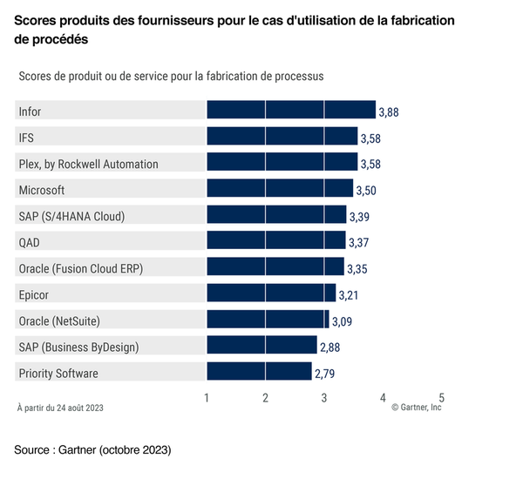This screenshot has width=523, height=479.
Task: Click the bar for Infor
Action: pos(290,111)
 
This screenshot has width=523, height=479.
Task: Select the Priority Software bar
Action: pos(259,373)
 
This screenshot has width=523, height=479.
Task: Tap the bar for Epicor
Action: pos(271,294)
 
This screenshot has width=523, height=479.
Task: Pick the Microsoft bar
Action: pos(280,189)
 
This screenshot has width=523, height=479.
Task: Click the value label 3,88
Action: pos(389,112)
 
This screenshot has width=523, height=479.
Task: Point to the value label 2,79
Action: pos(325,374)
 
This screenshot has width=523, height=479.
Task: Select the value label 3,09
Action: pos(343,322)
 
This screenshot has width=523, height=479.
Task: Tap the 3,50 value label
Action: pos(366,191)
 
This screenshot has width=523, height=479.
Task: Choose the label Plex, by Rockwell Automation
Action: pos(88,164)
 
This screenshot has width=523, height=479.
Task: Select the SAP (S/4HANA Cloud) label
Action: pos(71,216)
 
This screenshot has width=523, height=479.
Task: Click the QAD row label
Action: pos(29,242)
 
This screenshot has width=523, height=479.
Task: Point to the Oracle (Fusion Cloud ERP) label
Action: pos(80,268)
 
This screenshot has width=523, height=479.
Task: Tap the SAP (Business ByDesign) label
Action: pos(78,347)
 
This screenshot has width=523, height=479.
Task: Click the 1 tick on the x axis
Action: pos(207,398)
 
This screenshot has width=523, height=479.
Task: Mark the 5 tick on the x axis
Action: pos(441,398)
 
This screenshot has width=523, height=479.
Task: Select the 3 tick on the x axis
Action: pos(324,398)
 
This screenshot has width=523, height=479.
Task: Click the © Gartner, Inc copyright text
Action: pos(417,408)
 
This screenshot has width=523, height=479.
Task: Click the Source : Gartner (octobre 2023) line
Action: pos(92,450)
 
